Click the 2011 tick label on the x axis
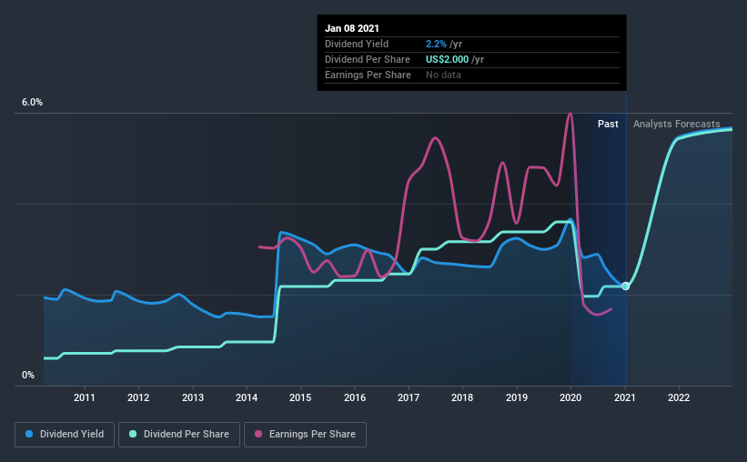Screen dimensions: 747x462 pos(85,397)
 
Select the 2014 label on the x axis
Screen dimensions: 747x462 pos(247,397)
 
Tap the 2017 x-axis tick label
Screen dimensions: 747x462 pos(409,397)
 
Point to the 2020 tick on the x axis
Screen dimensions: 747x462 pos(570,397)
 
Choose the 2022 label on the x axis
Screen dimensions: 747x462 pos(679,397)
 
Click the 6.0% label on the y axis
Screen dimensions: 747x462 pos(32,103)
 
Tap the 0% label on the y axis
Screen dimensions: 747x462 pos(28,376)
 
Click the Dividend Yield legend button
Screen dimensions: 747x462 pos(65,435)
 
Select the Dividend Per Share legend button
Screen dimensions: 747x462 pos(179,435)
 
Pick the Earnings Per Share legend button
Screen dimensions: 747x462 pos(306,435)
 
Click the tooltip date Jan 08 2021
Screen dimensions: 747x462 pos(352,28)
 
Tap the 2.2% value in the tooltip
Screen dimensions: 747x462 pos(436,44)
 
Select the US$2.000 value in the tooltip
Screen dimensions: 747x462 pos(447,59)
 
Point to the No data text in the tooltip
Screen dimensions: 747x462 pos(443,75)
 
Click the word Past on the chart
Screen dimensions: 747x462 pos(608,124)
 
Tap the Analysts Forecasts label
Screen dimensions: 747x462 pos(677,124)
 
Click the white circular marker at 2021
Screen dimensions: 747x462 pos(625,286)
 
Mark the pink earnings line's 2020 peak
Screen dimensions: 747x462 pos(570,114)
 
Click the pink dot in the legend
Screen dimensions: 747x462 pos(258,434)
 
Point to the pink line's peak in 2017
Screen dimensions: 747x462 pos(435,138)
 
